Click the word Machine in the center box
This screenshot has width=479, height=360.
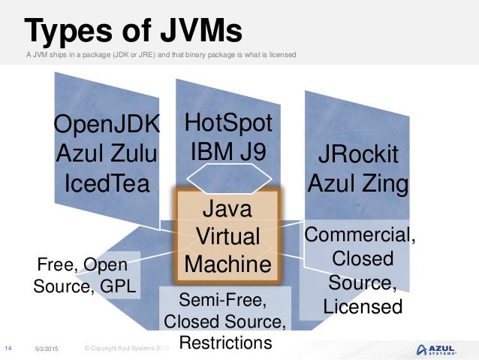pyautogui.click(x=227, y=264)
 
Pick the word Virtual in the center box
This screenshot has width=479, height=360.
pyautogui.click(x=227, y=236)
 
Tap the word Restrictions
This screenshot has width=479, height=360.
pyautogui.click(x=224, y=343)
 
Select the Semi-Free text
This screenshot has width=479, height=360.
pyautogui.click(x=224, y=301)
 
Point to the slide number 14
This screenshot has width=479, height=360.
pyautogui.click(x=9, y=348)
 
